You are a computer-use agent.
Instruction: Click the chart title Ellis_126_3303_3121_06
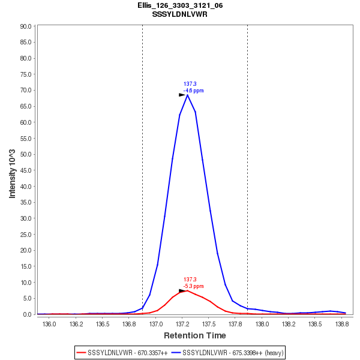pyautogui.click(x=180, y=5)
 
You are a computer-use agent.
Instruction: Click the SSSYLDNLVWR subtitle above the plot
pyautogui.click(x=180, y=14)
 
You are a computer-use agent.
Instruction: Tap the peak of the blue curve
pyautogui.click(x=187, y=95)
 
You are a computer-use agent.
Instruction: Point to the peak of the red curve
pyautogui.click(x=187, y=290)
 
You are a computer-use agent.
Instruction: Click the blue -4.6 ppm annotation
pyautogui.click(x=193, y=91)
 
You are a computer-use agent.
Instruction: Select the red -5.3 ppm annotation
pyautogui.click(x=193, y=286)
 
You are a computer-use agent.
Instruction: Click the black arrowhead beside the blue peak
pyautogui.click(x=182, y=95)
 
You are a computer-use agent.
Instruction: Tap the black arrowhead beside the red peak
pyautogui.click(x=182, y=291)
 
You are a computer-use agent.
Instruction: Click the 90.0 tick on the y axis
pyautogui.click(x=25, y=26)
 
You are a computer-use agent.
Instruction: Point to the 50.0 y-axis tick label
pyautogui.click(x=25, y=154)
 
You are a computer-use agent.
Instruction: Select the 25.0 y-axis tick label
pyautogui.click(x=25, y=235)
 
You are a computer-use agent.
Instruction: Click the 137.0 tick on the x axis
pyautogui.click(x=156, y=323)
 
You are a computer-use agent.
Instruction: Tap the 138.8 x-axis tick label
pyautogui.click(x=342, y=323)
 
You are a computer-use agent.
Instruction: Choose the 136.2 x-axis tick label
pyautogui.click(x=76, y=323)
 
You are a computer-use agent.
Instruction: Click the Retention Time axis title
pyautogui.click(x=195, y=335)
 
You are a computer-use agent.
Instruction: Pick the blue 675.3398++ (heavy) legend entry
pyautogui.click(x=227, y=353)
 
